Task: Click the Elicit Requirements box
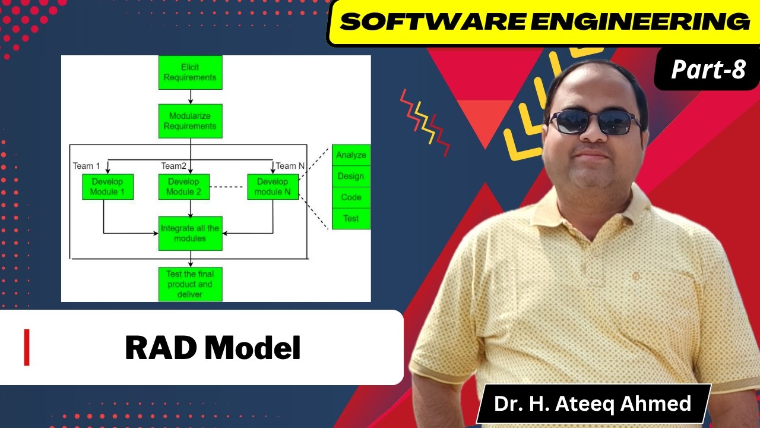190,73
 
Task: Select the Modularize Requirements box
190,121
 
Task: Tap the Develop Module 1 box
107,187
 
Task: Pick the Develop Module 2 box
183,187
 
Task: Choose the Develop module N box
273,187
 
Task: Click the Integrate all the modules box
190,233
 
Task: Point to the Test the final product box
190,284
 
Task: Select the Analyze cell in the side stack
351,156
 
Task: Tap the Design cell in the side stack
351,177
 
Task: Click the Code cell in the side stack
351,197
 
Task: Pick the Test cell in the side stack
351,219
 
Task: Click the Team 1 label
86,165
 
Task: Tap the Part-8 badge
708,70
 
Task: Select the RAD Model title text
213,348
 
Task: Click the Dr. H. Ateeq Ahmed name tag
593,404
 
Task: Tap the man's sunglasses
594,122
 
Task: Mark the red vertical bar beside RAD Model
27,348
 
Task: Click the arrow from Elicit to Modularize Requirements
190,97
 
